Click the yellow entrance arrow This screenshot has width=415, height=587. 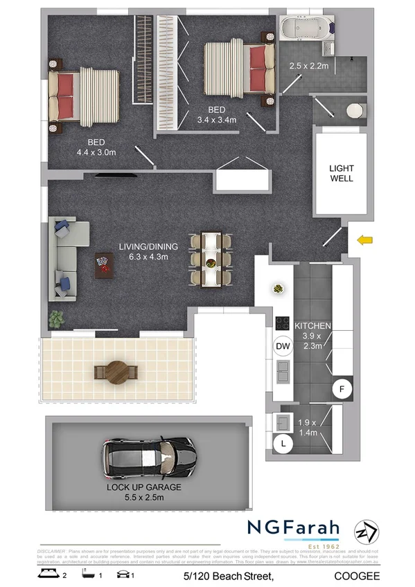[x=364, y=240]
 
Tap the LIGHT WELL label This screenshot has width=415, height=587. [x=341, y=173]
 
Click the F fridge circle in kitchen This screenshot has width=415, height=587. [x=341, y=390]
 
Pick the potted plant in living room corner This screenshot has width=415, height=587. [x=55, y=319]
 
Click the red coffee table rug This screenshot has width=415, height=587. [x=103, y=265]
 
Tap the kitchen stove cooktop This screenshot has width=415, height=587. [x=283, y=323]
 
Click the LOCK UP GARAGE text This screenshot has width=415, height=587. [x=144, y=487]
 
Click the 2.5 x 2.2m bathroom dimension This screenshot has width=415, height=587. [x=309, y=66]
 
